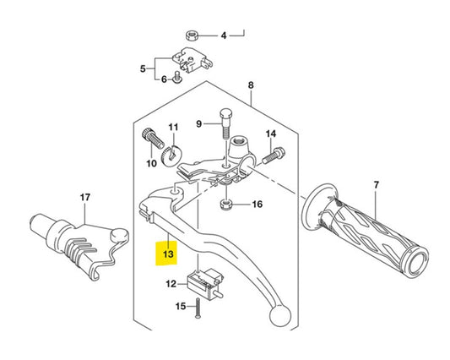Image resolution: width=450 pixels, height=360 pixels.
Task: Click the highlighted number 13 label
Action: click(x=167, y=254)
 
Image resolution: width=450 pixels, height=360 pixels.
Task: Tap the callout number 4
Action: click(x=224, y=36)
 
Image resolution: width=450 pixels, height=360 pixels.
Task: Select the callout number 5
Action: click(x=144, y=68)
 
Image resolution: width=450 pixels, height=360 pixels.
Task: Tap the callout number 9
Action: click(x=199, y=123)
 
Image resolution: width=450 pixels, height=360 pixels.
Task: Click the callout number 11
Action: click(x=172, y=128)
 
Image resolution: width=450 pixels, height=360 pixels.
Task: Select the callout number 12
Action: click(x=171, y=284)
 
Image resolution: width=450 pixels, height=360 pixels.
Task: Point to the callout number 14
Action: click(x=271, y=134)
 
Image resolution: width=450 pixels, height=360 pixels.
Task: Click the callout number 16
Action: click(x=258, y=205)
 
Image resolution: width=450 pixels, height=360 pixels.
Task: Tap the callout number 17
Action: click(x=84, y=198)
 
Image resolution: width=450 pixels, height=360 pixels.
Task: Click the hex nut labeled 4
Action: click(x=192, y=35)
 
